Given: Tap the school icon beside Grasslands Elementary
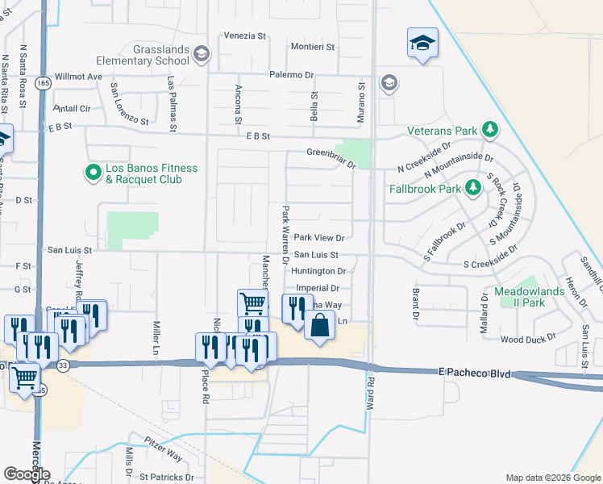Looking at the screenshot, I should (x=201, y=55).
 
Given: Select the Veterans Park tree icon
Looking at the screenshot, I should (x=489, y=130).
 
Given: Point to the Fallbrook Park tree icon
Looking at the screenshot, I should (x=473, y=189).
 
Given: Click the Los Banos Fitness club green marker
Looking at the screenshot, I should (x=93, y=172).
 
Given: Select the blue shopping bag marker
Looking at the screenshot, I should (x=320, y=326).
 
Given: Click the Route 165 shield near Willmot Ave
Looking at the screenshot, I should (x=44, y=83).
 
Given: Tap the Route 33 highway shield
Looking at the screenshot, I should (x=63, y=365).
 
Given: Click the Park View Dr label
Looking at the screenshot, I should (x=319, y=238).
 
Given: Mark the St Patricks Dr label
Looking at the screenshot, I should (x=166, y=477).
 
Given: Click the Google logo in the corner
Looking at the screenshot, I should (x=27, y=474).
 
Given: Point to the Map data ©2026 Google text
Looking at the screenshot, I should (x=552, y=478).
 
